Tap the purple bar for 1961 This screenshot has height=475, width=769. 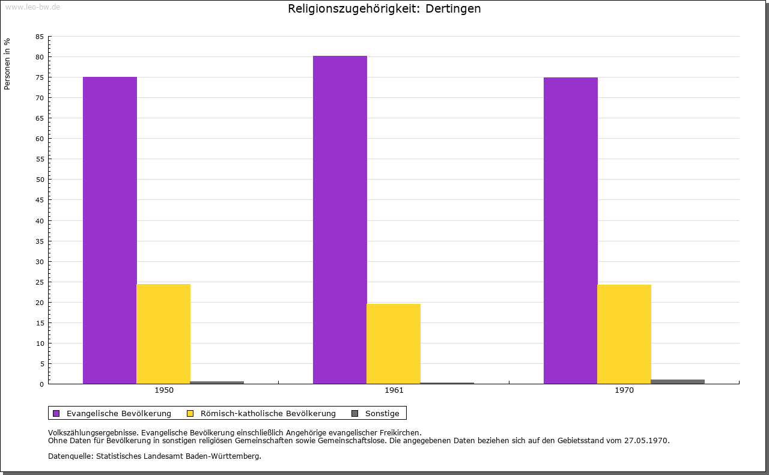[x=340, y=220]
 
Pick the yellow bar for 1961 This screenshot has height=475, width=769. [x=394, y=343]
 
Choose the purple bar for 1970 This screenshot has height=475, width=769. [x=571, y=231]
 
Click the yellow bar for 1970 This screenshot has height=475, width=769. [x=624, y=334]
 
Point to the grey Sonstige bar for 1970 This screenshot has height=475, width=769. [x=678, y=381]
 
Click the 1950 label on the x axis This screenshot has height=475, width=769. [x=164, y=390]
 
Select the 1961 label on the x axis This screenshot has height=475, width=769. [x=394, y=390]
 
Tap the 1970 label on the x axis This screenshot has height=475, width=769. [x=624, y=390]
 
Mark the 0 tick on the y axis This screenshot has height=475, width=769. [x=41, y=384]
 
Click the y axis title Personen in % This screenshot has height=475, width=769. [x=7, y=64]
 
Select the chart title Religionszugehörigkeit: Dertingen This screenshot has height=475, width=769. [x=384, y=9]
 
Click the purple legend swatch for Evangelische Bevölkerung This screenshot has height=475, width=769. [x=56, y=413]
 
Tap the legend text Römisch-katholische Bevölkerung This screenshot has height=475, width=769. [x=268, y=413]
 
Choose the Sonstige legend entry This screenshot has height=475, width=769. [x=382, y=413]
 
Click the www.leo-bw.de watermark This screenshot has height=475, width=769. [x=32, y=7]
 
